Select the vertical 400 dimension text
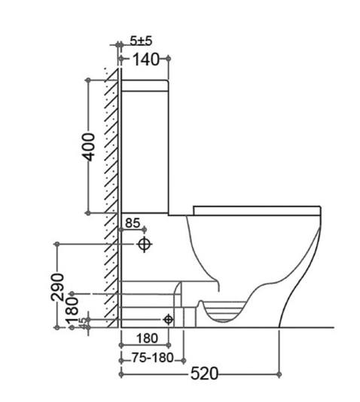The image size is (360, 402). point(89,145)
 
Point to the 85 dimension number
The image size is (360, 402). point(132,223)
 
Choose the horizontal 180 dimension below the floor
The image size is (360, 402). point(148,338)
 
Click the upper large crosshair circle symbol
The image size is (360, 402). point(145,245)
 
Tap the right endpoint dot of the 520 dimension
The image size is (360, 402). point(279,373)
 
